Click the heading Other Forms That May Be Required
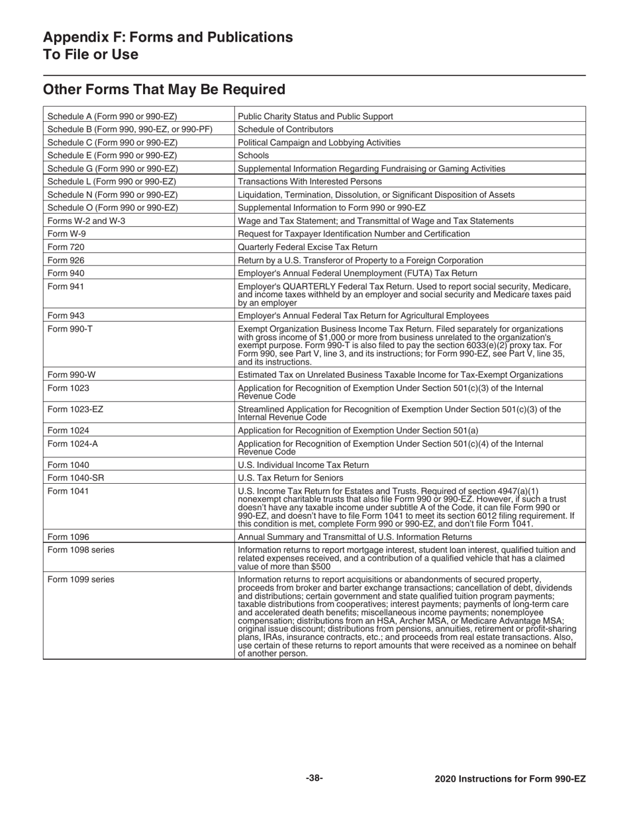click(164, 89)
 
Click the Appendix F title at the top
click(168, 45)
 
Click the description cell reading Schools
click(252, 156)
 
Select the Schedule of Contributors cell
click(285, 129)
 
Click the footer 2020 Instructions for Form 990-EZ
click(510, 779)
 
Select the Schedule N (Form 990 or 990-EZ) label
click(113, 195)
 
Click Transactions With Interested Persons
click(309, 181)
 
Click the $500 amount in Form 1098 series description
click(320, 567)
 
